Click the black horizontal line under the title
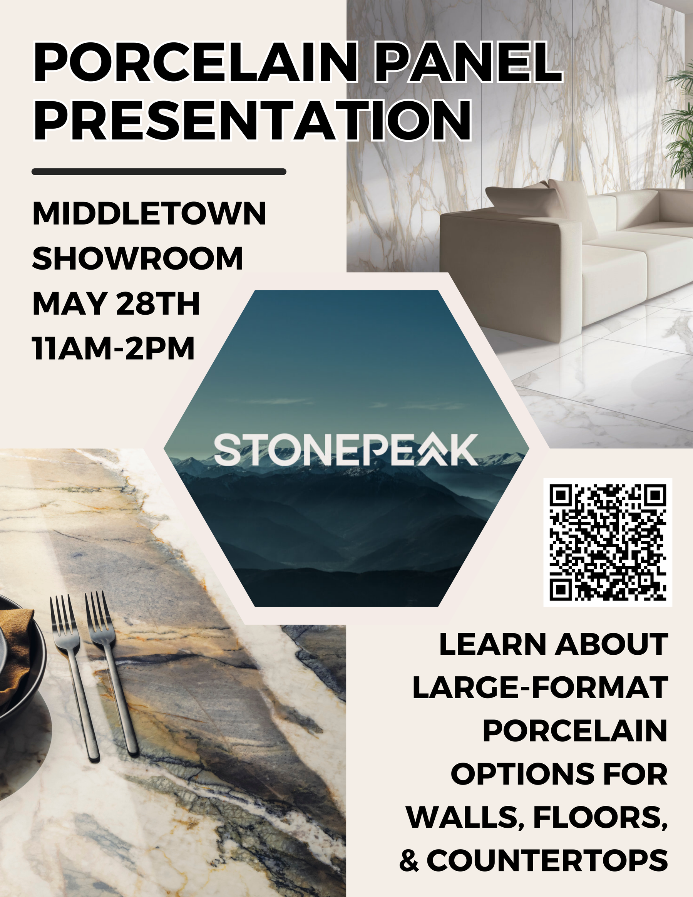(x=159, y=172)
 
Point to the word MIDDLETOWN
(x=149, y=214)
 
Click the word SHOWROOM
(x=137, y=258)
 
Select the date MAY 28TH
(x=116, y=303)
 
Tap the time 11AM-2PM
(x=113, y=348)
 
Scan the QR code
(x=608, y=542)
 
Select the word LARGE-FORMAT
(x=540, y=686)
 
